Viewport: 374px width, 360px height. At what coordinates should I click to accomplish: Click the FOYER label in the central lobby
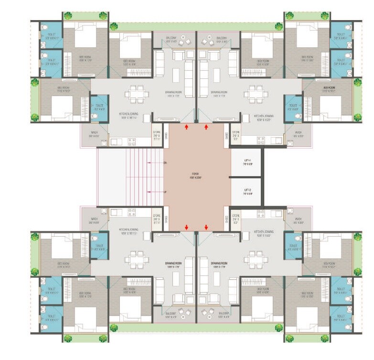[x=195, y=174]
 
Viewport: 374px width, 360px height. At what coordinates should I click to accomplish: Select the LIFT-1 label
[x=247, y=161]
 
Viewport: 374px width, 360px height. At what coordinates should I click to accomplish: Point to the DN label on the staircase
[x=165, y=164]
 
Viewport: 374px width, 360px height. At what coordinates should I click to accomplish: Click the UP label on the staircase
[x=165, y=191]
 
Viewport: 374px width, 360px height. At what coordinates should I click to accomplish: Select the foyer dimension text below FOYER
[x=195, y=178]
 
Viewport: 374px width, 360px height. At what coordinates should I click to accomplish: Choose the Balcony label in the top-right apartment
[x=221, y=38]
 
